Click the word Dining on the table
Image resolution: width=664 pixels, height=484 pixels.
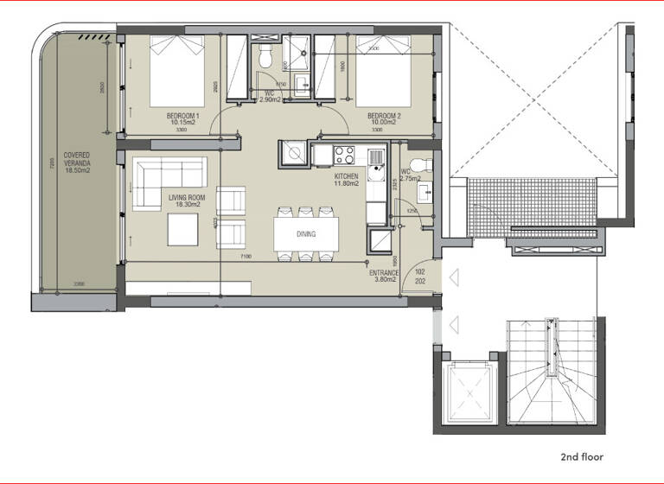coord(306,234)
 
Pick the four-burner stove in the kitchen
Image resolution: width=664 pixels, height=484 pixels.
coord(344,155)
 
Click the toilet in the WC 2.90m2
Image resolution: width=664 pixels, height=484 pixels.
coord(265,59)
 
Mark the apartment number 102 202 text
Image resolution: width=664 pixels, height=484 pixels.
coord(420,276)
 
